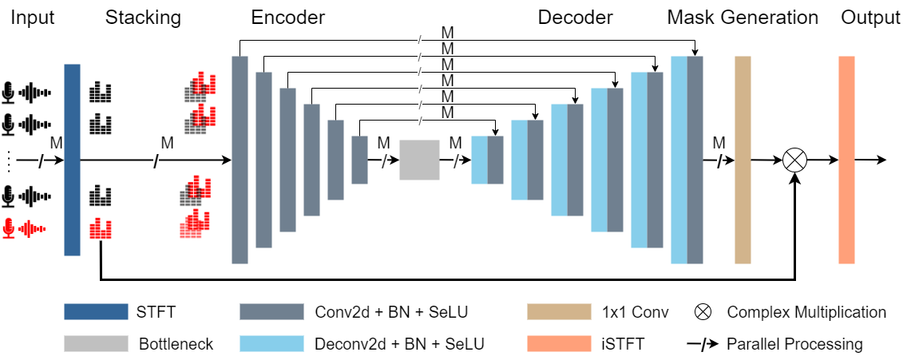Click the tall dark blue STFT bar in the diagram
72,160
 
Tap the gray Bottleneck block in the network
419,160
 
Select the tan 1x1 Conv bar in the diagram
743,160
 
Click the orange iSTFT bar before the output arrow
847,160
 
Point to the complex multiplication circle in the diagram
794,160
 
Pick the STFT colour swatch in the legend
96,312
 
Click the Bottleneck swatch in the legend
96,344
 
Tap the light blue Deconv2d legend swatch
271,344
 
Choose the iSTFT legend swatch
559,344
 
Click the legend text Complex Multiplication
806,312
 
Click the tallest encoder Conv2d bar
240,160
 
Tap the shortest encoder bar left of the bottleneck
359,160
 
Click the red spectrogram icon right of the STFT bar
100,229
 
